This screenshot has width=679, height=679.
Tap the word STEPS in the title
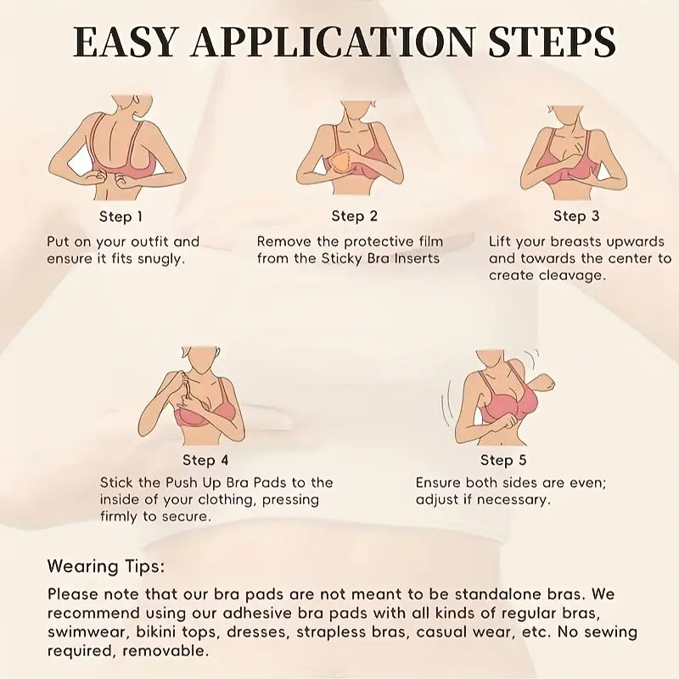point(552,42)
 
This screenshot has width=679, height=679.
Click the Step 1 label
point(121,216)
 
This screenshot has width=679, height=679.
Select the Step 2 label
point(354,216)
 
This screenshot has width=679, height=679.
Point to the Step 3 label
point(576,216)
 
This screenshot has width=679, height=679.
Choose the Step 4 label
point(205,460)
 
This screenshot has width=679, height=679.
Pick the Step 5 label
point(503,460)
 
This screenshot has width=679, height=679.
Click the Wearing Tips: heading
point(106,567)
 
